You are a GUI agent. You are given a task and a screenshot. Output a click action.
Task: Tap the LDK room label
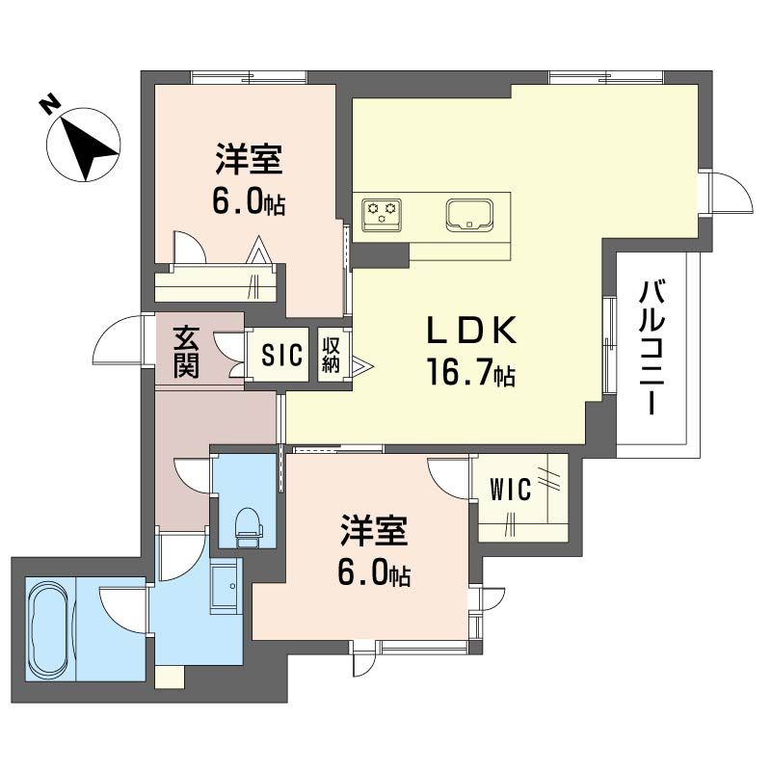473,331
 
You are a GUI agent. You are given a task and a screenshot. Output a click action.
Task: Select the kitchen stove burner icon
382,212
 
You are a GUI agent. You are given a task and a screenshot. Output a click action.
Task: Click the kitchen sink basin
469,213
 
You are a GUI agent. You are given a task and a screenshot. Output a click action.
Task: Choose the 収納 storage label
332,354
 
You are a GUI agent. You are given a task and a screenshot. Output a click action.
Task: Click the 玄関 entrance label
187,353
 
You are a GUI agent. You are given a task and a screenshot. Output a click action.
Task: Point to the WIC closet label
511,491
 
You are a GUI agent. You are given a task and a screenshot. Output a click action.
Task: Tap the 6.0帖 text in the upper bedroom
249,202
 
